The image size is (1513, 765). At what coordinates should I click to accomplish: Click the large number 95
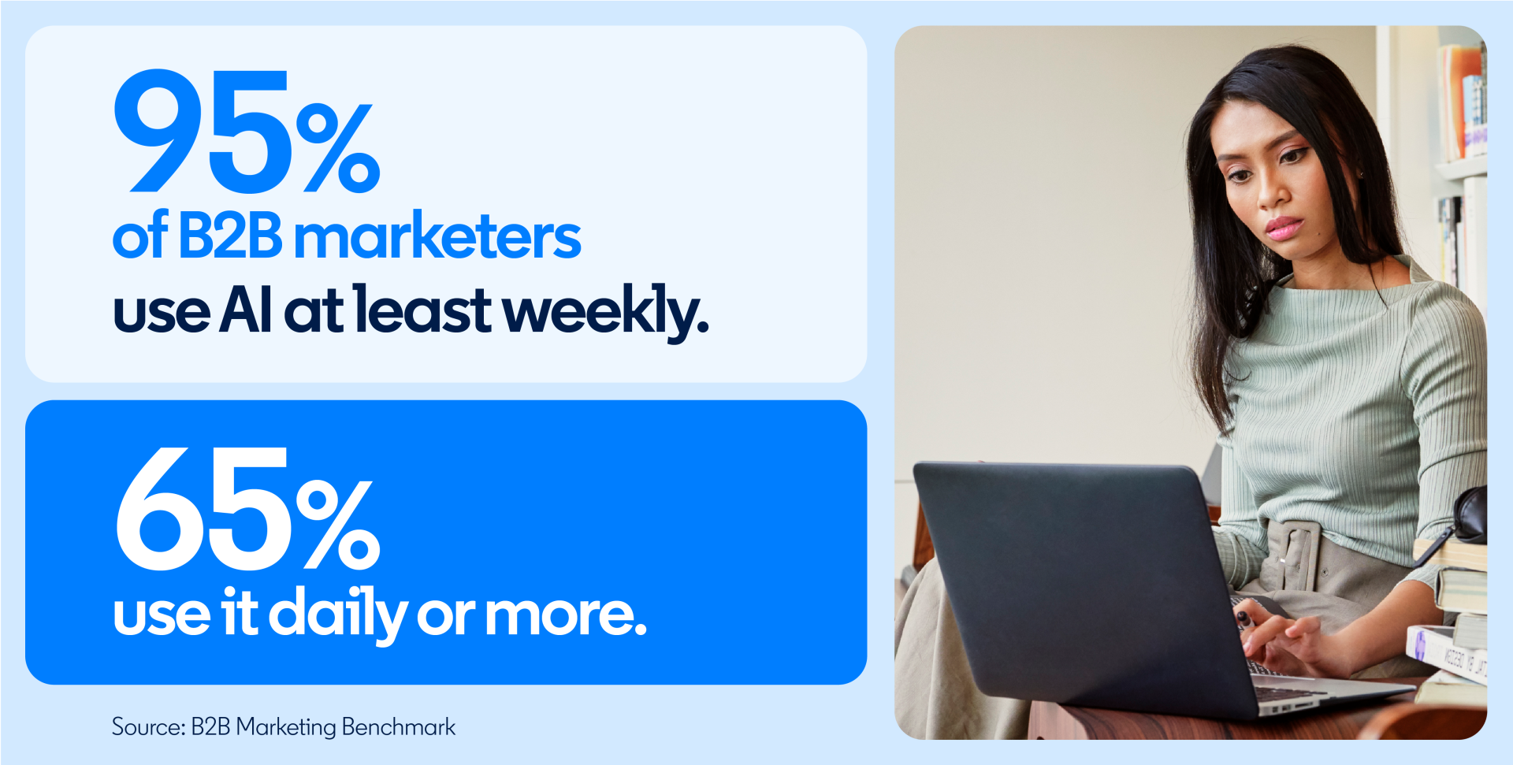click(x=203, y=132)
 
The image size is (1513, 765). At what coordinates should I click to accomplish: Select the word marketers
click(x=437, y=236)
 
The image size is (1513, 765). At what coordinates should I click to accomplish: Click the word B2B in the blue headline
click(x=230, y=236)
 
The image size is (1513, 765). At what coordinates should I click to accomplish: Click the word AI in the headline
click(x=246, y=310)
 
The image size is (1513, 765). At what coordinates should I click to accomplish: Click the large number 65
click(x=203, y=509)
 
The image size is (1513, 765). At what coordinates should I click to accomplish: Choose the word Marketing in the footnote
click(x=285, y=727)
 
